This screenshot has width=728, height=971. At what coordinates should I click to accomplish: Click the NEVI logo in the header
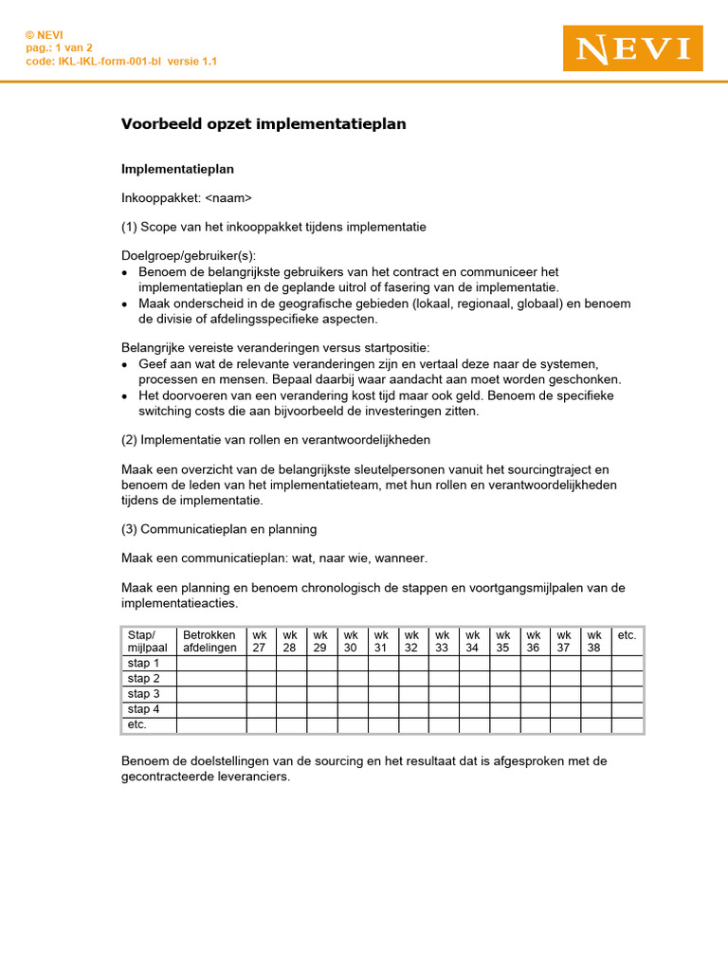coord(632,48)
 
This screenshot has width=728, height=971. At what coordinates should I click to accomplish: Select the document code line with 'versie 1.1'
coord(120,61)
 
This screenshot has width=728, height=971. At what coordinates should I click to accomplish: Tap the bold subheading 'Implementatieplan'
coord(178,169)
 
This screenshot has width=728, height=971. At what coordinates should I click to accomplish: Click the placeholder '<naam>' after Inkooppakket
coord(228,198)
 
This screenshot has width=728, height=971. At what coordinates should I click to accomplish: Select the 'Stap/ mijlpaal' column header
coord(148,642)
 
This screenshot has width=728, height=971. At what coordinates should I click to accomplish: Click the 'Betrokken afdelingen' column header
coord(210,642)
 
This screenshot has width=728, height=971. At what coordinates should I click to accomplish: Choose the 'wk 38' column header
coord(594,642)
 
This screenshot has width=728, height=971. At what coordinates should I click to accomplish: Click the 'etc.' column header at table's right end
coord(627,635)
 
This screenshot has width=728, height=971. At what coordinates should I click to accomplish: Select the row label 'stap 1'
coord(144,664)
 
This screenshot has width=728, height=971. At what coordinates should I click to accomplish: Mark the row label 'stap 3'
coord(144,694)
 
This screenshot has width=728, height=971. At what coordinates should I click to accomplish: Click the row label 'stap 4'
coord(144,709)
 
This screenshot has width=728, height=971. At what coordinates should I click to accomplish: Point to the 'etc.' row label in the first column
coord(138,724)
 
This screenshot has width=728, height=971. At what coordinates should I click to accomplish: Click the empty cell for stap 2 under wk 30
coord(352,679)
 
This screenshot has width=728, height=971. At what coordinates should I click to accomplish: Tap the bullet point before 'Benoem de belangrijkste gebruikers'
coord(126,273)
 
